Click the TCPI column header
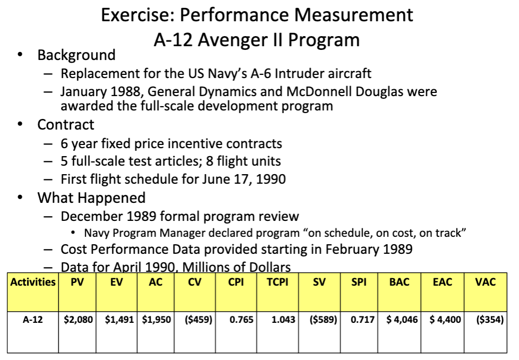click(x=278, y=282)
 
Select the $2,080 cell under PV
click(x=77, y=320)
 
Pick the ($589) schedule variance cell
click(x=318, y=320)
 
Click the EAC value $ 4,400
click(x=442, y=320)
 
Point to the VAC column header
click(x=485, y=282)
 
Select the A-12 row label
click(x=33, y=320)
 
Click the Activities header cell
click(x=33, y=282)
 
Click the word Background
click(x=76, y=55)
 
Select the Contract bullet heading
click(x=65, y=125)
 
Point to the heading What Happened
click(x=91, y=198)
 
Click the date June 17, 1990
click(x=244, y=179)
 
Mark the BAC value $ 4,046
click(x=399, y=320)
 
